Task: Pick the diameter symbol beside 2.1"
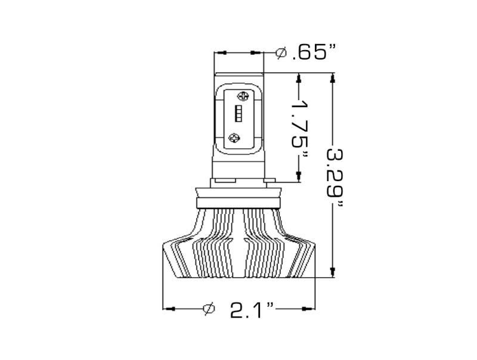point(209,309)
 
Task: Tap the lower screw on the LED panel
point(234,136)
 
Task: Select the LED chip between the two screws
point(237,114)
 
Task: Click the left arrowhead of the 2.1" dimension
point(169,309)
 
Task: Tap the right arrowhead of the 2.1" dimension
point(309,309)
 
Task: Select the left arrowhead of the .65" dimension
point(221,53)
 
